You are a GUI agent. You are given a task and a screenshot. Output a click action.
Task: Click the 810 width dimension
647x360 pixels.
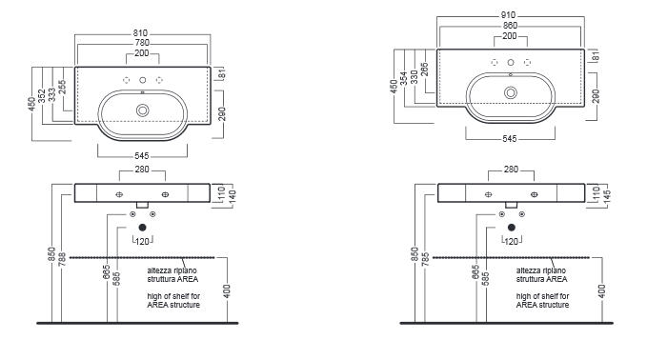(140, 33)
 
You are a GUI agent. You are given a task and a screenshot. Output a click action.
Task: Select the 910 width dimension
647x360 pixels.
(508, 15)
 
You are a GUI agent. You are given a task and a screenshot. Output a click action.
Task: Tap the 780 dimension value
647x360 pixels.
(142, 43)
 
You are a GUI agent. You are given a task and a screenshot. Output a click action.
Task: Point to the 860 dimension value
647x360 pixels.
(510, 26)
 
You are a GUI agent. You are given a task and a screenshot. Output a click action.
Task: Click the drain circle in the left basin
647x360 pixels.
(143, 110)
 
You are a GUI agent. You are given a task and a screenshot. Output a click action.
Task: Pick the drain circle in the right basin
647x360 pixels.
(511, 92)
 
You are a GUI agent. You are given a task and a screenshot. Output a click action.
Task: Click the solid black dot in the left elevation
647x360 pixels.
(142, 228)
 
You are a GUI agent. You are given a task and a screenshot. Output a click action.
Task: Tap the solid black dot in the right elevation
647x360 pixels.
(512, 228)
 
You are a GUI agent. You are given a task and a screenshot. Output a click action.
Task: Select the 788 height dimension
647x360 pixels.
(62, 258)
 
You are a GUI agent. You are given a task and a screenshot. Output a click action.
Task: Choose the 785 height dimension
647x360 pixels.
(426, 258)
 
